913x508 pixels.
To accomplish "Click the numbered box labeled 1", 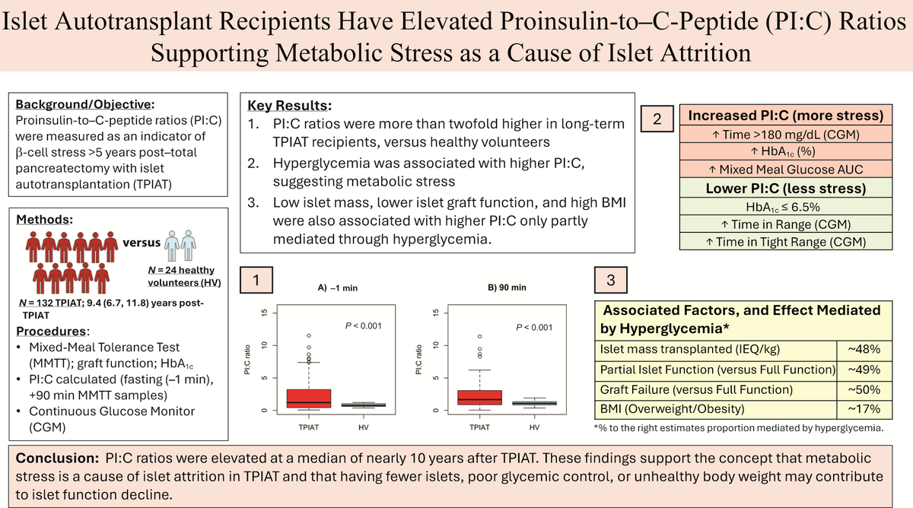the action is click(x=256, y=280).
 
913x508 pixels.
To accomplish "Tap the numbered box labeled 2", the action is click(x=657, y=119).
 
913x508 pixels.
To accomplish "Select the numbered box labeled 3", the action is click(x=610, y=280).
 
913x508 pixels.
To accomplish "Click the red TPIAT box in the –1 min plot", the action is click(x=309, y=398).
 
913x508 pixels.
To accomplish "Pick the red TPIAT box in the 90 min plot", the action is click(x=480, y=397).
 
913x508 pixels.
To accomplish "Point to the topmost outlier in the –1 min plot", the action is click(x=309, y=335).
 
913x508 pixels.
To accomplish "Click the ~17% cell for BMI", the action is click(x=864, y=408).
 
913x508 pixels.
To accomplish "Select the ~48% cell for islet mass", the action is click(x=864, y=349).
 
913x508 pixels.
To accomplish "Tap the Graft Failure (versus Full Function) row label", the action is click(x=696, y=390).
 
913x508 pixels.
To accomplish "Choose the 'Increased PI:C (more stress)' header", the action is click(x=785, y=116).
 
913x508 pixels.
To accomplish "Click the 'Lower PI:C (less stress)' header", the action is click(x=785, y=188).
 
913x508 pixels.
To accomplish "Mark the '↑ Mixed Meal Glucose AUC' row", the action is click(x=785, y=169).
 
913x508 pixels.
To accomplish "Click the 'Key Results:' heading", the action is click(x=289, y=106).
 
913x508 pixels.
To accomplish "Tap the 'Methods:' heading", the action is click(x=44, y=220).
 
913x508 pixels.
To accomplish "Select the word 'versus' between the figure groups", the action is click(x=142, y=243).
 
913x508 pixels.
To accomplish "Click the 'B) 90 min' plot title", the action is click(x=507, y=287).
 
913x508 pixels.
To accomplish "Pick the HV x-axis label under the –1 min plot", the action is click(x=363, y=427).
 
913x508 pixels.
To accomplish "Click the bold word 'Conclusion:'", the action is click(x=57, y=459).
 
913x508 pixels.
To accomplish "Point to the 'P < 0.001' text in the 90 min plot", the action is click(x=534, y=328).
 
